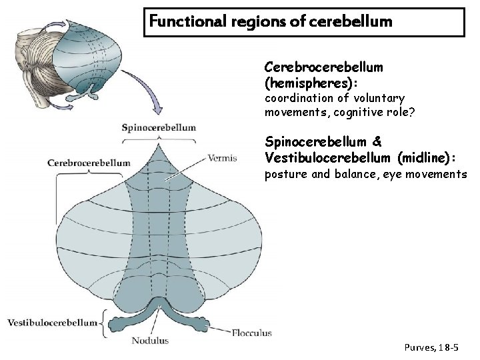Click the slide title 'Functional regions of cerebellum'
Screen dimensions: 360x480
click(x=271, y=21)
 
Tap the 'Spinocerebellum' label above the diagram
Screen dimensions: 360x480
click(x=159, y=127)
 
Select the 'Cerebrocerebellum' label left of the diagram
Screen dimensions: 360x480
click(x=89, y=162)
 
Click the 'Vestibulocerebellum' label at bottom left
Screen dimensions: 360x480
click(x=52, y=323)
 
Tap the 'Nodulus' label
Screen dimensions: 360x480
click(x=150, y=341)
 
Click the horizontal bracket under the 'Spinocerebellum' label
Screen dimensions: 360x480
click(x=159, y=137)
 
